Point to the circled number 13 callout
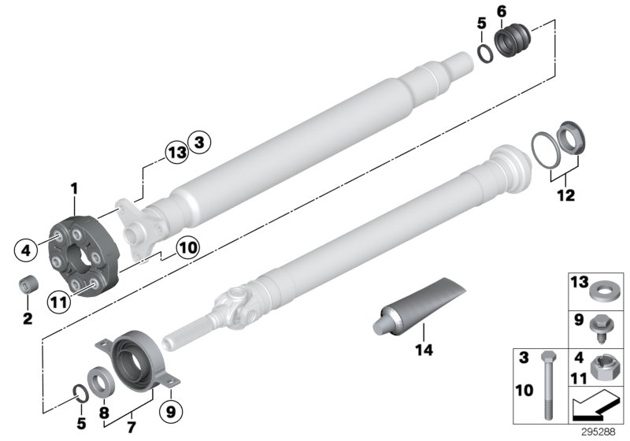coord(177,152)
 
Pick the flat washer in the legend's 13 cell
coord(602,288)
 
